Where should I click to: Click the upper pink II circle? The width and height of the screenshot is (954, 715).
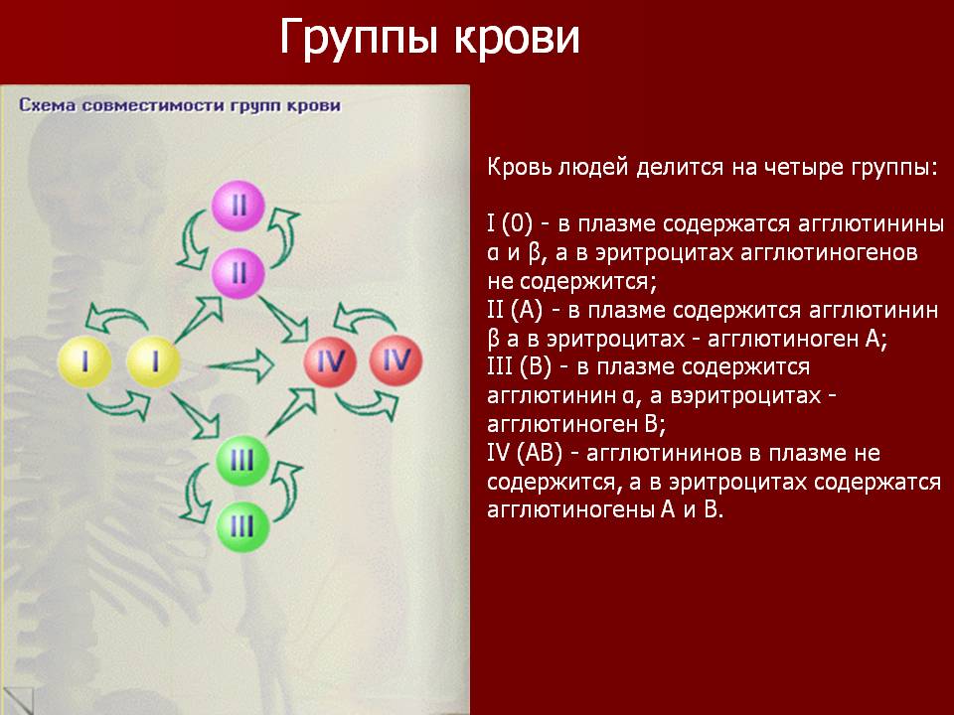[x=238, y=207]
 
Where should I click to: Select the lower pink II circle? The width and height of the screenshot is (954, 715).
[x=238, y=273]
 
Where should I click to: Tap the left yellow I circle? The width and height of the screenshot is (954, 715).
[x=84, y=361]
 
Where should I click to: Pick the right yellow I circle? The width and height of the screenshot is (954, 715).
[x=153, y=361]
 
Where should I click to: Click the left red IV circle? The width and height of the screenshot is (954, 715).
[x=331, y=360]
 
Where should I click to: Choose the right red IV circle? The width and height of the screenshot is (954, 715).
[x=397, y=360]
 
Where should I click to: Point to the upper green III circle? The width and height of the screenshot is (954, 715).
[x=242, y=460]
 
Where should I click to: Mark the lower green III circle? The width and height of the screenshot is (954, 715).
[x=242, y=526]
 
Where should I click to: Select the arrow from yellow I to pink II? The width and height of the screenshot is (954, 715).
[x=199, y=319]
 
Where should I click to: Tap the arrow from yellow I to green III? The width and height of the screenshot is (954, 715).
[x=196, y=415]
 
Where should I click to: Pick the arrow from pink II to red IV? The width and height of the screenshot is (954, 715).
[x=283, y=321]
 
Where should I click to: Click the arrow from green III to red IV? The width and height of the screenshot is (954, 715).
[x=292, y=411]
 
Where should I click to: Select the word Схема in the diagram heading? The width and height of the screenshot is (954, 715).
[x=48, y=105]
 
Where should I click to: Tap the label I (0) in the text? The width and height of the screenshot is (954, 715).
[x=510, y=224]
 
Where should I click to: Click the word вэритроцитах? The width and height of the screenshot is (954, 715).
[x=745, y=396]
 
